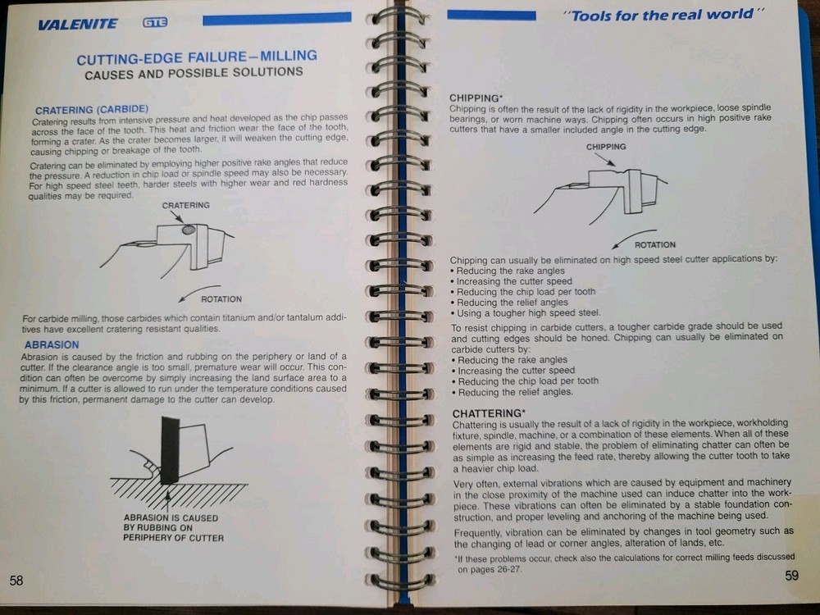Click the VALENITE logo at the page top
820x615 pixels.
click(77, 25)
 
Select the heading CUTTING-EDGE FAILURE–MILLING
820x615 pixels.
click(196, 57)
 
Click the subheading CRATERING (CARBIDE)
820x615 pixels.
click(91, 109)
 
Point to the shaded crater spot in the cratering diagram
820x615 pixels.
click(189, 231)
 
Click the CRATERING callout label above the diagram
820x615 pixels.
click(185, 205)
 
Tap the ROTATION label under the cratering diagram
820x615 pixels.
click(221, 299)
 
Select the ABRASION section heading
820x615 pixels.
click(52, 345)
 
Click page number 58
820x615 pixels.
click(16, 581)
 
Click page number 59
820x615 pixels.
click(791, 576)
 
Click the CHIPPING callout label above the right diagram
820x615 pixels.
click(606, 147)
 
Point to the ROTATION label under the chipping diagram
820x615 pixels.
click(655, 244)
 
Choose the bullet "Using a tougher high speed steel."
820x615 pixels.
click(526, 312)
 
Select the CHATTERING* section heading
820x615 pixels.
click(490, 412)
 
